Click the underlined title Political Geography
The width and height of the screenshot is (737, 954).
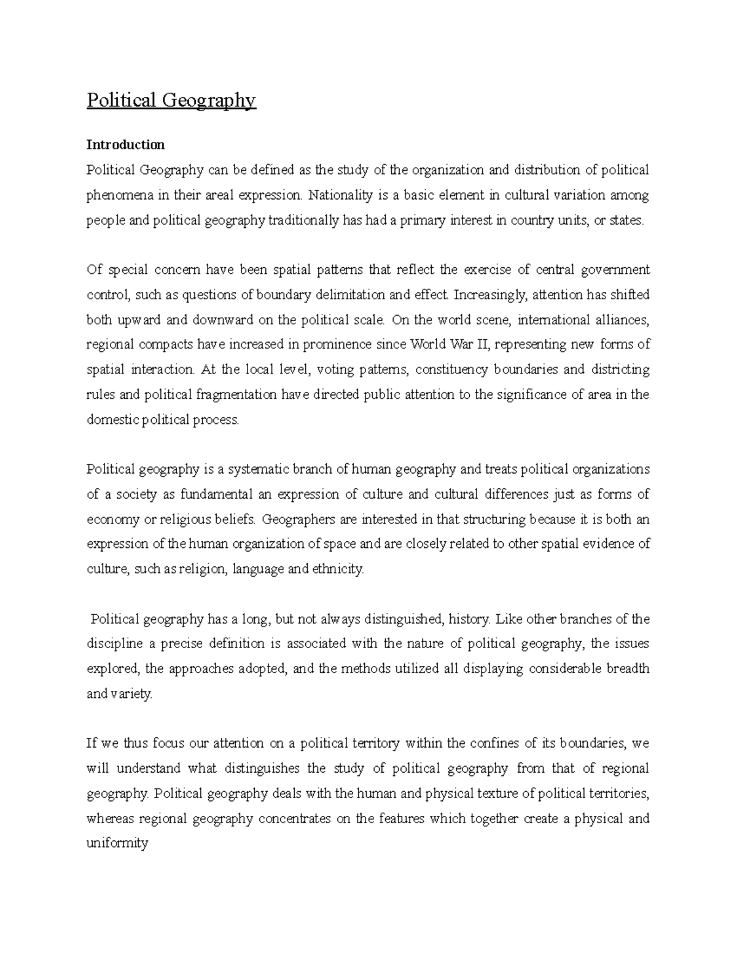pyautogui.click(x=171, y=100)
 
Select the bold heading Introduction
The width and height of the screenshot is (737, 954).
pyautogui.click(x=125, y=145)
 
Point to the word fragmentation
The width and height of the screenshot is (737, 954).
pyautogui.click(x=232, y=394)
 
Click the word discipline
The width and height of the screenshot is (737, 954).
pyautogui.click(x=114, y=644)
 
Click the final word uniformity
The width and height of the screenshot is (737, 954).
pyautogui.click(x=117, y=843)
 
